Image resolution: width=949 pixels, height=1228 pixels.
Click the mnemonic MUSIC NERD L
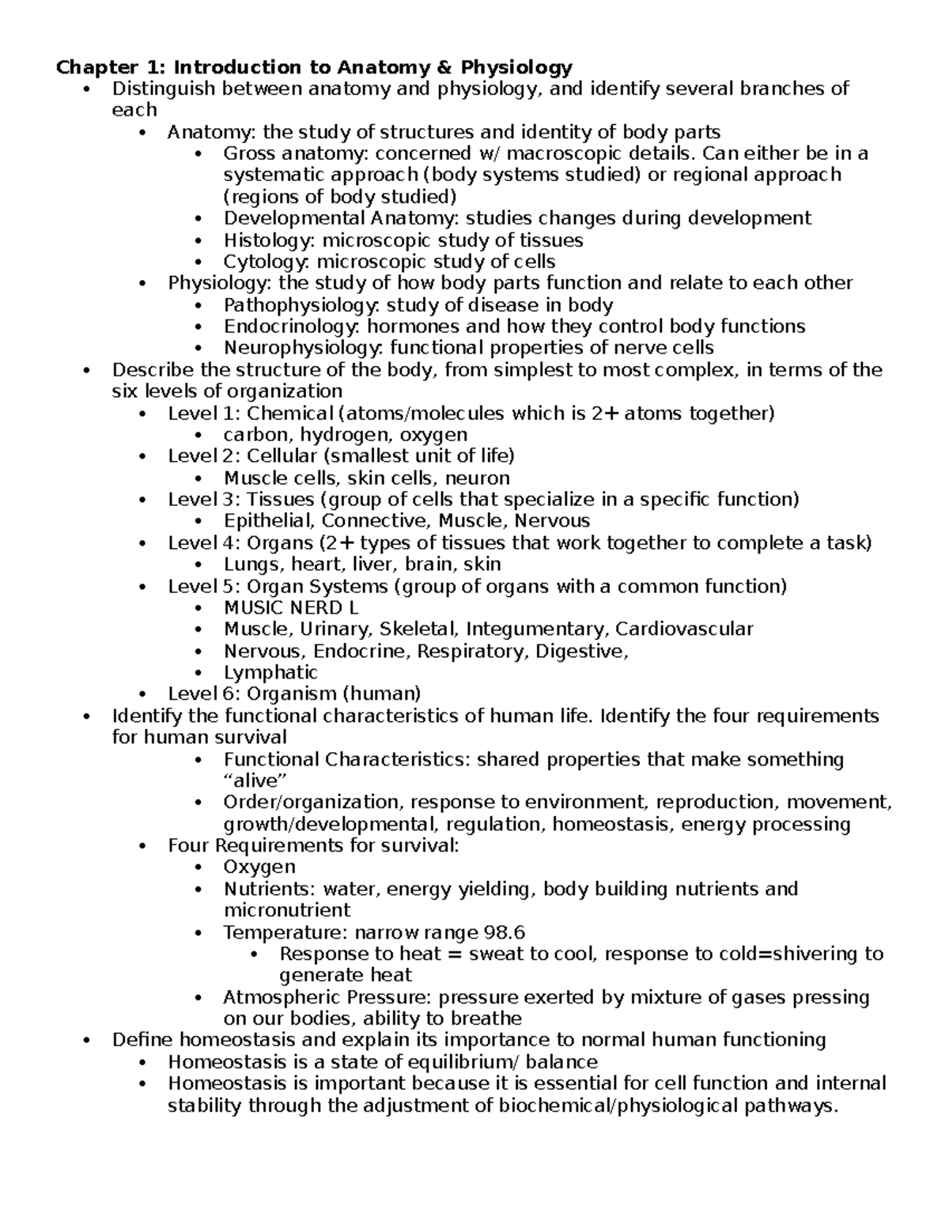coord(291,608)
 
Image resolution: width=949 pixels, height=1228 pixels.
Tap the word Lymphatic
coord(270,673)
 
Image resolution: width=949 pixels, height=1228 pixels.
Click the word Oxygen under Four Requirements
coord(259,867)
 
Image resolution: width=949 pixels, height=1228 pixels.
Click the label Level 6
coord(203,694)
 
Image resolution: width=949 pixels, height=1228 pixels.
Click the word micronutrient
coord(287,910)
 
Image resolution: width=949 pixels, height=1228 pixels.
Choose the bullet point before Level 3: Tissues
coord(142,500)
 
